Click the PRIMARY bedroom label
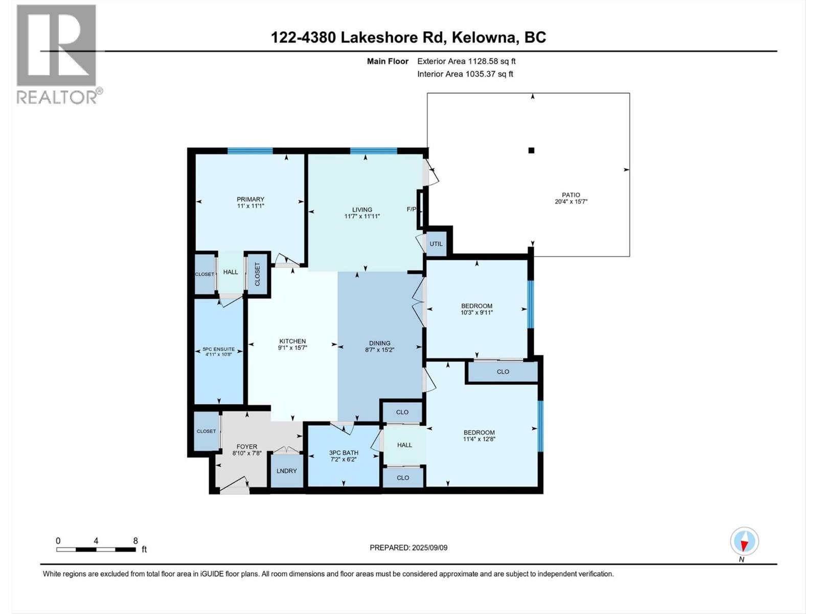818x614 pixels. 250,199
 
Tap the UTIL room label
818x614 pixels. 436,244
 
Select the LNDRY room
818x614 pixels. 286,471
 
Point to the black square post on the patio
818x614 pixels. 531,150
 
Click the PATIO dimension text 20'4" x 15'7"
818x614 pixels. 571,202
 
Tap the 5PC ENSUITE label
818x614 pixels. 218,349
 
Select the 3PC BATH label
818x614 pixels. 344,453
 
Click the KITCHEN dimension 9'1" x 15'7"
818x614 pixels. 292,348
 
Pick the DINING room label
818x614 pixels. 379,343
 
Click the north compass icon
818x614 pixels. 744,541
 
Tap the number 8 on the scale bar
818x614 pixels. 135,540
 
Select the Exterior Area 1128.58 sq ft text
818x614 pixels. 466,61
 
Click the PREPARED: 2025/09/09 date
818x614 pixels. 408,547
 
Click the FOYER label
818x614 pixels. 246,447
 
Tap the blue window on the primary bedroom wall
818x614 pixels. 249,150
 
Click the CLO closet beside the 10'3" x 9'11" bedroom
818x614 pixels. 503,371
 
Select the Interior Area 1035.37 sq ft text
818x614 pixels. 465,74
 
